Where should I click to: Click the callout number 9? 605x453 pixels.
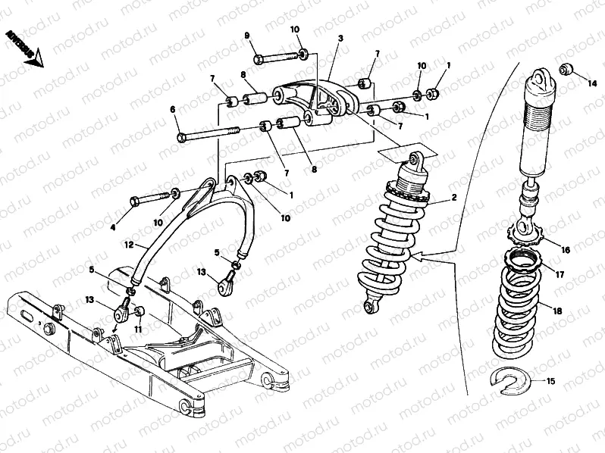[247, 36]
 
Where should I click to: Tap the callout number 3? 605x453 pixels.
[340, 38]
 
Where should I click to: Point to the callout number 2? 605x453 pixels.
[453, 198]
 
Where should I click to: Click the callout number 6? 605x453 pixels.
[173, 109]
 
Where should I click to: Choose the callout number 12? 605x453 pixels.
[130, 244]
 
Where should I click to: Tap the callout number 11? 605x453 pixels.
[138, 330]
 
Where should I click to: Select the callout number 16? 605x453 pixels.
[565, 249]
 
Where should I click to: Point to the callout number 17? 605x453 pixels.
[561, 276]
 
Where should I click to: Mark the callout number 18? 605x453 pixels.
[557, 311]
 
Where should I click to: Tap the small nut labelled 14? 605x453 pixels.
[566, 70]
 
